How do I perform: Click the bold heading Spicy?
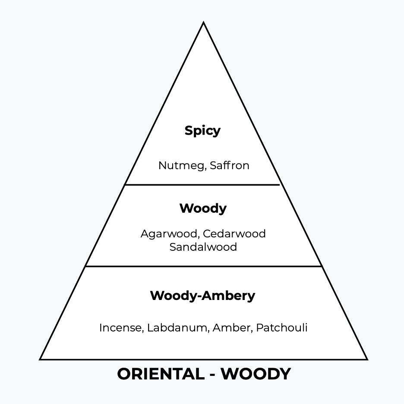(x=202, y=131)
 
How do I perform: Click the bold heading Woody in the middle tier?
(x=203, y=208)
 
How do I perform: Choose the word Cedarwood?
(x=234, y=234)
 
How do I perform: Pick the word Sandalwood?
(x=203, y=247)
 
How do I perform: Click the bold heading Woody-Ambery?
(x=202, y=296)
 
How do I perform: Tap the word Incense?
(x=120, y=328)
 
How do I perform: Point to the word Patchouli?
(x=281, y=328)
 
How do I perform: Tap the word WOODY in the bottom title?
(x=256, y=374)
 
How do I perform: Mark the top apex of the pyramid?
(x=203, y=23)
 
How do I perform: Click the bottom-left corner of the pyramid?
(x=41, y=359)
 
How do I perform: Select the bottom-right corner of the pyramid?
(x=367, y=359)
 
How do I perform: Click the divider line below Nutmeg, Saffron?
(x=202, y=185)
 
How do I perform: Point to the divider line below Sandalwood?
(x=203, y=266)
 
